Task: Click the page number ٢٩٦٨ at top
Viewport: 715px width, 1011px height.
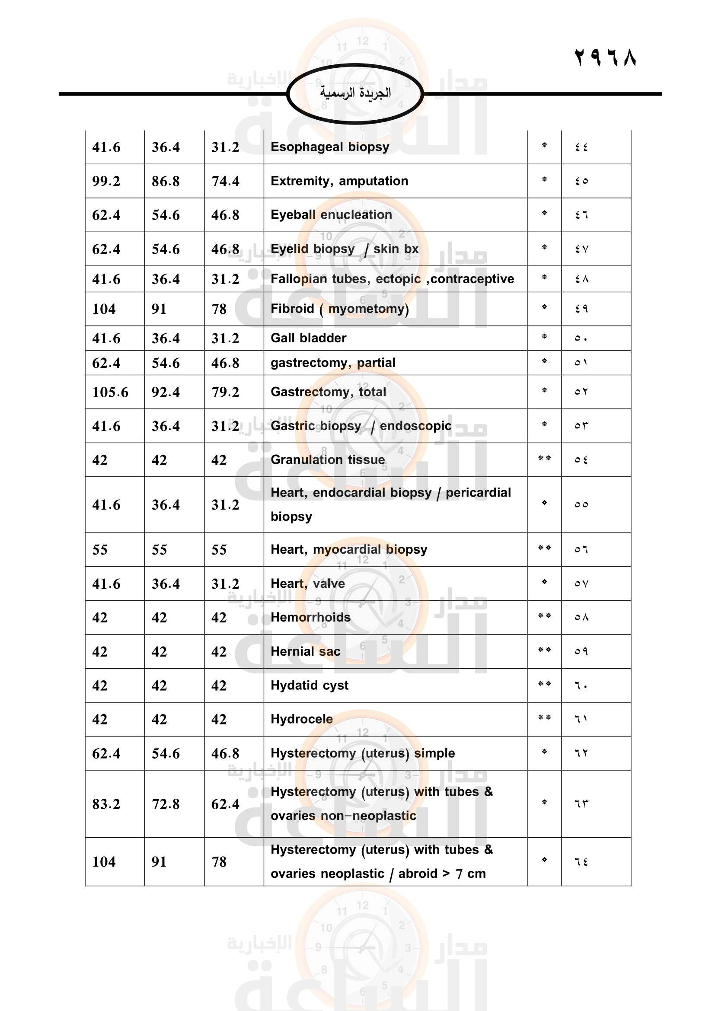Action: [605, 57]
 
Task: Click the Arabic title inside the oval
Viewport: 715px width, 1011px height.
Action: [355, 93]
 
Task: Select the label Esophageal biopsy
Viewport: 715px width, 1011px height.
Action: [330, 147]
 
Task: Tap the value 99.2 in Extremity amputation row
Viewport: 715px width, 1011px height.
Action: [106, 181]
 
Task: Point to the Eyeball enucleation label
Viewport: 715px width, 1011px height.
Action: [331, 215]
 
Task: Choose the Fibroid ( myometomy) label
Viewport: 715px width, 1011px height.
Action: [339, 309]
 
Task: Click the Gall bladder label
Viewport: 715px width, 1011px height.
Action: [308, 338]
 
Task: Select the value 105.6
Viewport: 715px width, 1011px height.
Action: [110, 392]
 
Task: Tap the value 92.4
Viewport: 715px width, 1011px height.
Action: [166, 392]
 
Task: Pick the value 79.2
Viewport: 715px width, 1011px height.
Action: [225, 392]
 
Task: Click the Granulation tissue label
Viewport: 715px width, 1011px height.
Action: [328, 460]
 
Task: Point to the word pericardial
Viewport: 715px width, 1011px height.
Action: [478, 493]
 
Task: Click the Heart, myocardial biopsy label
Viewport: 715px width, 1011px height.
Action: [349, 549]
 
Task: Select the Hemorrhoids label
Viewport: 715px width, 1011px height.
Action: [310, 617]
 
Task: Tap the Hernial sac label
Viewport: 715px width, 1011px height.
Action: [305, 652]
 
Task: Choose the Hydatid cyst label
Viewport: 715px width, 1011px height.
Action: [309, 686]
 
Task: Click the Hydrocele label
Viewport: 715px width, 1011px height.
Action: [302, 719]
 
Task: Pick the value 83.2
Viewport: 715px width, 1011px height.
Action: [106, 804]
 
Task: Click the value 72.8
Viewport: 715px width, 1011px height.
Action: [166, 804]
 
